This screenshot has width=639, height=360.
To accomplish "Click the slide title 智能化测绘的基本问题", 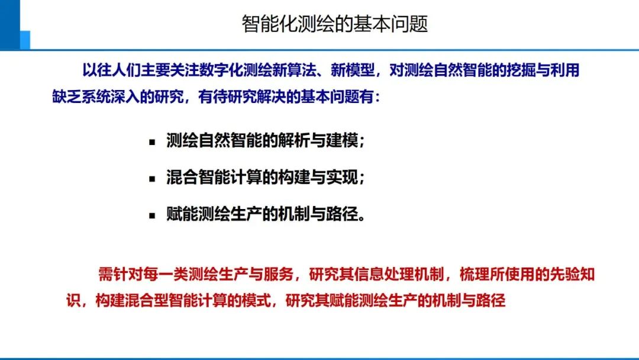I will pyautogui.click(x=334, y=24).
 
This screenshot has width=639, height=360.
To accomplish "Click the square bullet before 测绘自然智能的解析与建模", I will pyautogui.click(x=152, y=143).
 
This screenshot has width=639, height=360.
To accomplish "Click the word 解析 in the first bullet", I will pyautogui.click(x=289, y=142).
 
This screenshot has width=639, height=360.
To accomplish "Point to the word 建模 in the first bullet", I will pyautogui.click(x=344, y=142).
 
